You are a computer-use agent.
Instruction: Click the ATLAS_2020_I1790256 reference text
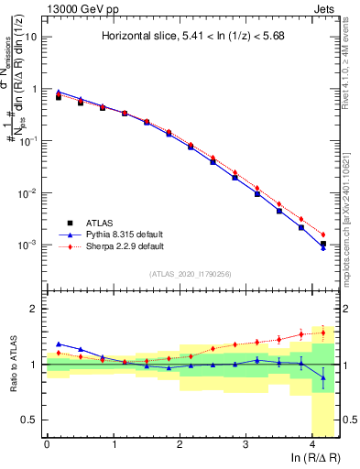[x=191, y=274]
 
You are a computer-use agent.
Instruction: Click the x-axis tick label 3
[x=246, y=444]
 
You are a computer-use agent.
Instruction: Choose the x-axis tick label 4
[x=312, y=444]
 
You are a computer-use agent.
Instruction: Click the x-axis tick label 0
[x=47, y=444]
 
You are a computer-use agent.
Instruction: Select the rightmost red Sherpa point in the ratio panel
[x=322, y=332]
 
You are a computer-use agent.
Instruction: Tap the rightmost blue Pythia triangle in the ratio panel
[x=322, y=376]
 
